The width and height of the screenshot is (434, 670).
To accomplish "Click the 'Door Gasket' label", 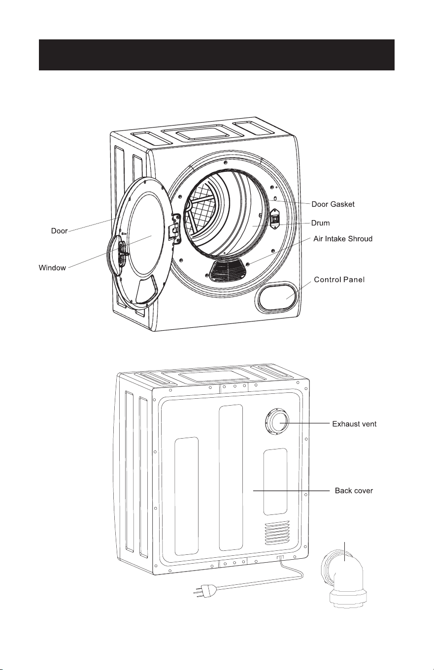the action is pos(333,204).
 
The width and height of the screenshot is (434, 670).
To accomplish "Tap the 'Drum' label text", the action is pos(320,223).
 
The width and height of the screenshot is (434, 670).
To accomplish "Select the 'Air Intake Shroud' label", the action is pos(343,239).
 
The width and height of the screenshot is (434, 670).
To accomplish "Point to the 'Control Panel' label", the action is pos(339,280).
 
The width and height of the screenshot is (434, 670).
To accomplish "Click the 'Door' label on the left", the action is pos(59,231).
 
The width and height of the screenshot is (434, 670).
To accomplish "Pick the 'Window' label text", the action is pos(52,268).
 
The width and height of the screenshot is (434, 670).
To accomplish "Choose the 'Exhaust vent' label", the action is pos(354,424).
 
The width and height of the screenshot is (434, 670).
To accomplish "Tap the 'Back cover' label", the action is pos(354,490).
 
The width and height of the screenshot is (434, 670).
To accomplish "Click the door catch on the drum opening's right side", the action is pos(275,218).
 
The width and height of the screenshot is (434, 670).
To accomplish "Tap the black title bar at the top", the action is pos(217,55).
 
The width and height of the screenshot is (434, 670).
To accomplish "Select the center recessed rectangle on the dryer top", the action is pos(203,132).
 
